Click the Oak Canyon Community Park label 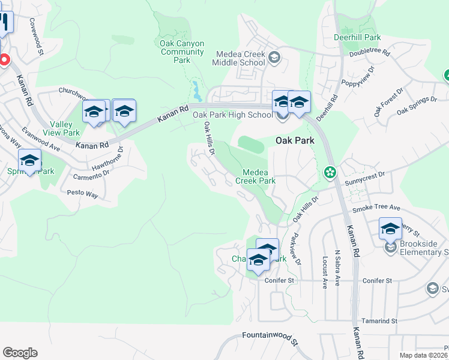[x=182, y=52]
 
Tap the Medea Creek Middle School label [x=238, y=58]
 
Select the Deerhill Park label [x=357, y=37]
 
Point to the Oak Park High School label [x=232, y=115]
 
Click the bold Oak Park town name [x=295, y=141]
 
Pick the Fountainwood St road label [x=270, y=338]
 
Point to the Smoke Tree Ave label [x=376, y=208]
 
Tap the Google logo [x=20, y=353]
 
